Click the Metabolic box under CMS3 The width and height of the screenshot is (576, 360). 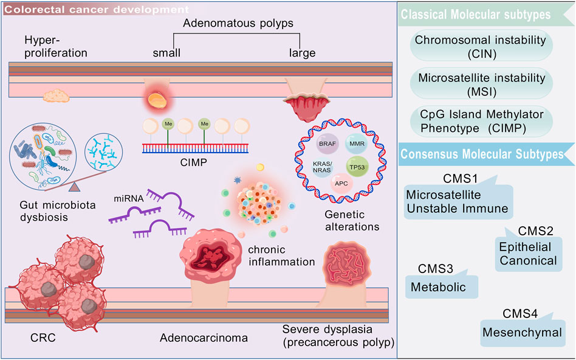[441, 286]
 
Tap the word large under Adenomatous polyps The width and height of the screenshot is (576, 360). [302, 53]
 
